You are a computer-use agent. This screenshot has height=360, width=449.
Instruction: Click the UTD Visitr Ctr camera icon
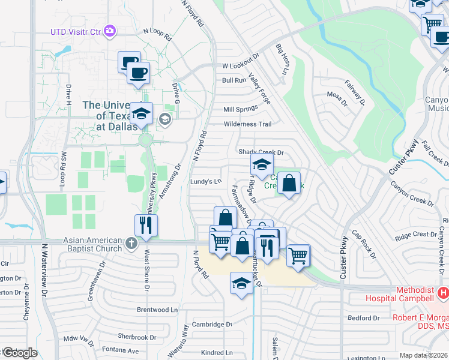click(x=109, y=31)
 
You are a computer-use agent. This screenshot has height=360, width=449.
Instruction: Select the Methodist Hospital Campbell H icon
click(x=443, y=293)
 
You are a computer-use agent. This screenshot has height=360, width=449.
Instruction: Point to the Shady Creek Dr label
click(x=261, y=153)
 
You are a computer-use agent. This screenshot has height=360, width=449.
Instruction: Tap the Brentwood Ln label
click(x=157, y=310)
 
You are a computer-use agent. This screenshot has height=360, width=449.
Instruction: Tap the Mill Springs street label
click(x=240, y=109)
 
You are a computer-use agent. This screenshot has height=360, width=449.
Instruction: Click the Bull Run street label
click(x=234, y=80)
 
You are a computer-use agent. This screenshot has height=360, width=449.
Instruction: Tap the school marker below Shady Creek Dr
click(x=262, y=164)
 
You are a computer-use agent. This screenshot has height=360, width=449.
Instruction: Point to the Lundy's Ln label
click(x=206, y=181)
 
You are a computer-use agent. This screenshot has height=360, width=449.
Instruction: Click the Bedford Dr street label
click(x=364, y=317)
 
